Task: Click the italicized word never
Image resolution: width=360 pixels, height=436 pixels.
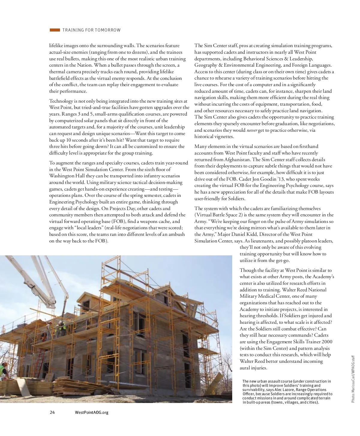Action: coord(251,130)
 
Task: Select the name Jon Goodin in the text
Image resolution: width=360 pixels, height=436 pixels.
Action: coord(257,179)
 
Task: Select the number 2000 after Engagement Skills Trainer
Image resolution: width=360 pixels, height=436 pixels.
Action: coord(327,342)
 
